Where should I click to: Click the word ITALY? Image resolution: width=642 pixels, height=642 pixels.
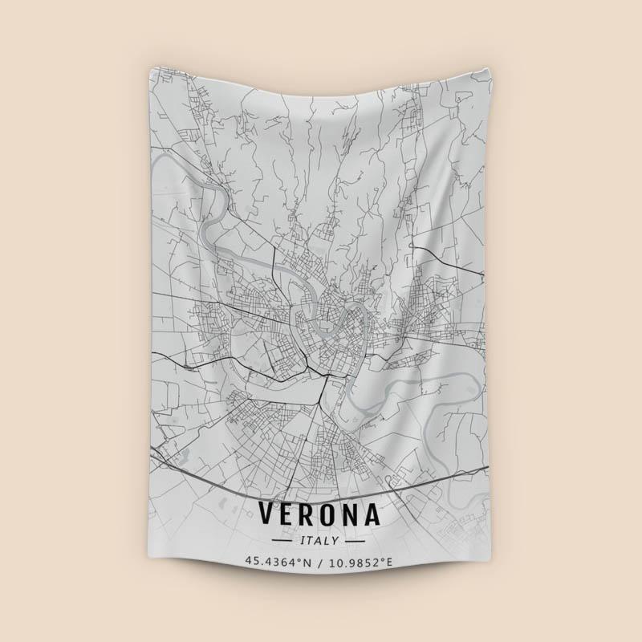pos(320,540)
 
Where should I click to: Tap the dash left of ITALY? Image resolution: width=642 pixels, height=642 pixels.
pos(285,540)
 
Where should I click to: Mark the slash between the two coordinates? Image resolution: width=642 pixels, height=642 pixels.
pos(321,561)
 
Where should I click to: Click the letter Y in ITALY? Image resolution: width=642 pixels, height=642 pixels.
pos(336,540)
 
